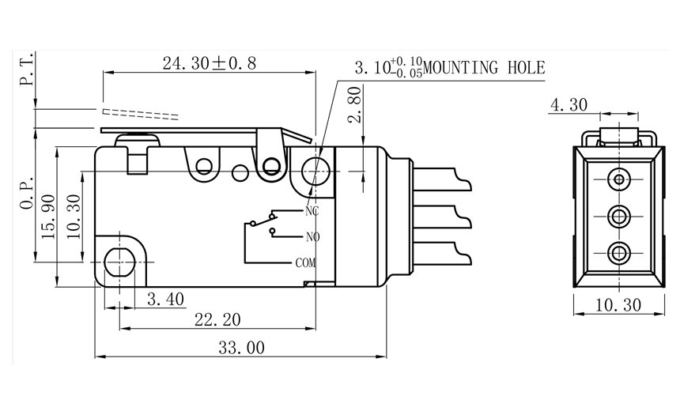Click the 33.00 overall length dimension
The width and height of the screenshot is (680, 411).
click(241, 347)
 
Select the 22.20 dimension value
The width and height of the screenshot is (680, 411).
click(217, 320)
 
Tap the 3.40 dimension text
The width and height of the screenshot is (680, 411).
click(166, 299)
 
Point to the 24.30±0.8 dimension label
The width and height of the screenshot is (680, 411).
click(210, 63)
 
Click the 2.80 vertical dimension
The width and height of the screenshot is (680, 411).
click(355, 105)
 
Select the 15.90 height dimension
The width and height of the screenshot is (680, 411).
click(48, 217)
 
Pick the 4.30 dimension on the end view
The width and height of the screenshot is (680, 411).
click(569, 104)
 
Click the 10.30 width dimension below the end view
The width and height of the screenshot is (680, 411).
click(618, 305)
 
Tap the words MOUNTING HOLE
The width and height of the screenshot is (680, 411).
click(484, 68)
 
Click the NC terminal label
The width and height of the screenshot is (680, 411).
click(312, 211)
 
